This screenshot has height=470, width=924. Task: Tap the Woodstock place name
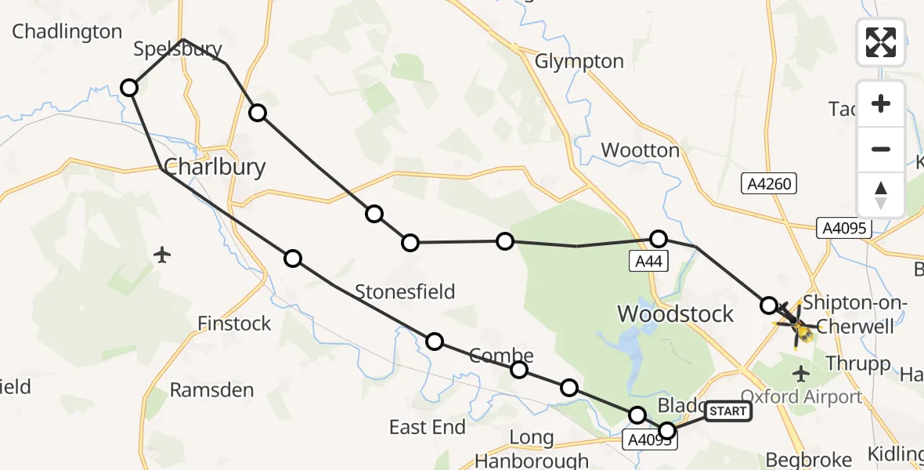point(676,314)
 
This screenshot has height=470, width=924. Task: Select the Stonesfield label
point(405,292)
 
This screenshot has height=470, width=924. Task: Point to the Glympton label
point(579,61)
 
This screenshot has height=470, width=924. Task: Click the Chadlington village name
point(67,31)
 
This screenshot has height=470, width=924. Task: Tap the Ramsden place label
point(211,389)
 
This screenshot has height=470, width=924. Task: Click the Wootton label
point(640,150)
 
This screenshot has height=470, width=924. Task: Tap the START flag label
point(728,411)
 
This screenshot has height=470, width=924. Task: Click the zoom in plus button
point(881,103)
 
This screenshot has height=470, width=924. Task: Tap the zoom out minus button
point(881,149)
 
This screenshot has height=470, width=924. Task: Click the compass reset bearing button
point(881,193)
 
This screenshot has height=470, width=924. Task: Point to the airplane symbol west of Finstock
point(163,255)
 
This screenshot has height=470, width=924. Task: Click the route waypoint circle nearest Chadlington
point(130,88)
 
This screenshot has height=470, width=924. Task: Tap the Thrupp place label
point(858,363)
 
